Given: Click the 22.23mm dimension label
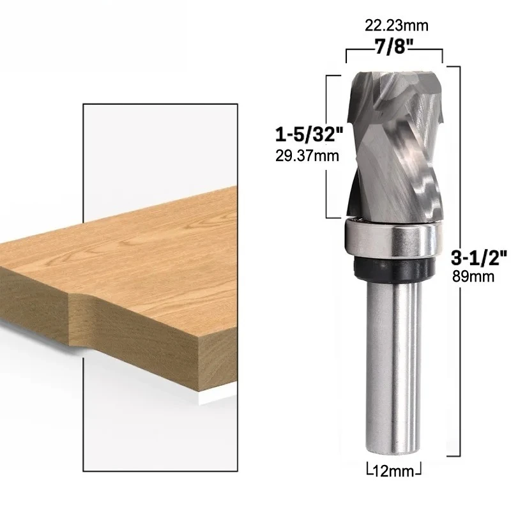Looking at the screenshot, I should pyautogui.click(x=396, y=26).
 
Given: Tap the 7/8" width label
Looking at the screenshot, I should pyautogui.click(x=395, y=46).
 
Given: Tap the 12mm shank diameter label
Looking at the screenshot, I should pyautogui.click(x=394, y=471).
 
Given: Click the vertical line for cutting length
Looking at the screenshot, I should pyautogui.click(x=328, y=147).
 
